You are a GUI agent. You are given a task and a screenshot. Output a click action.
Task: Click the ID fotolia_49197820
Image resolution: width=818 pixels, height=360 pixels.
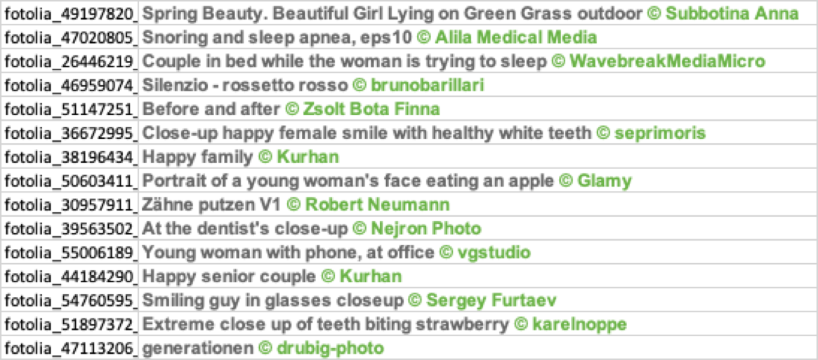(x=71, y=13)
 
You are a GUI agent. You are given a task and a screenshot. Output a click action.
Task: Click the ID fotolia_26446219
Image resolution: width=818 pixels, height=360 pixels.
(x=71, y=62)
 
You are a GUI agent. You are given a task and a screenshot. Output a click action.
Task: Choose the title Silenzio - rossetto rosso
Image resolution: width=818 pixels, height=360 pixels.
(x=244, y=86)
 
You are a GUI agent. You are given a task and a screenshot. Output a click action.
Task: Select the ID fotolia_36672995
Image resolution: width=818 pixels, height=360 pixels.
(x=71, y=133)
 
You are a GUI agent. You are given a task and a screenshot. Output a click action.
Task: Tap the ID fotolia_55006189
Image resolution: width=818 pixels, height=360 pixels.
(x=71, y=253)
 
